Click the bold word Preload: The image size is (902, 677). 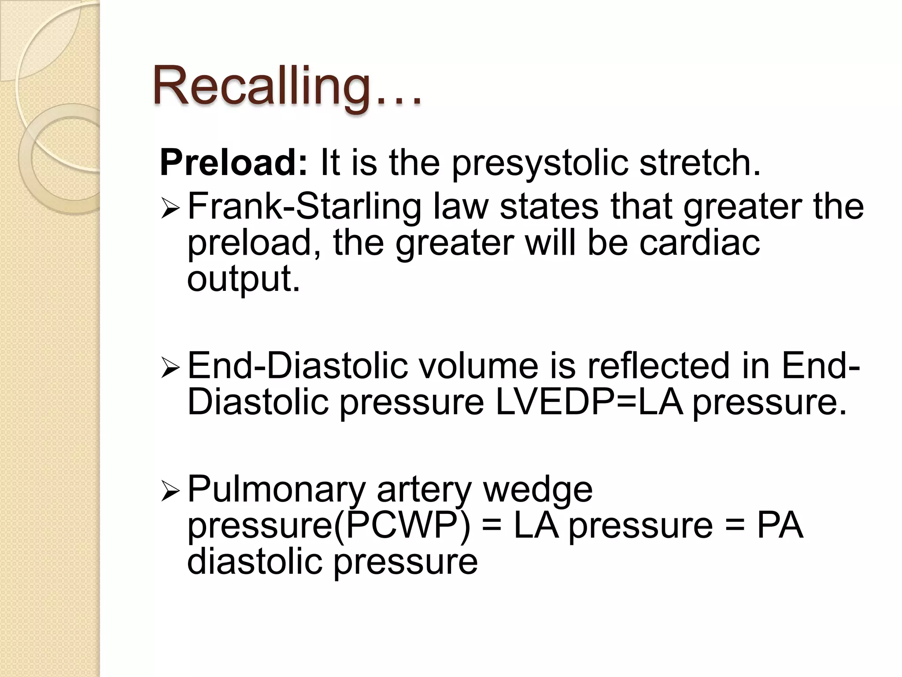tap(233, 162)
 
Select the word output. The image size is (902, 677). tap(243, 279)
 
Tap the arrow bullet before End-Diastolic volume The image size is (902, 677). tap(170, 368)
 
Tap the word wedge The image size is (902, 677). tap(538, 490)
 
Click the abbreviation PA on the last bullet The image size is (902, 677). tap(780, 525)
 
